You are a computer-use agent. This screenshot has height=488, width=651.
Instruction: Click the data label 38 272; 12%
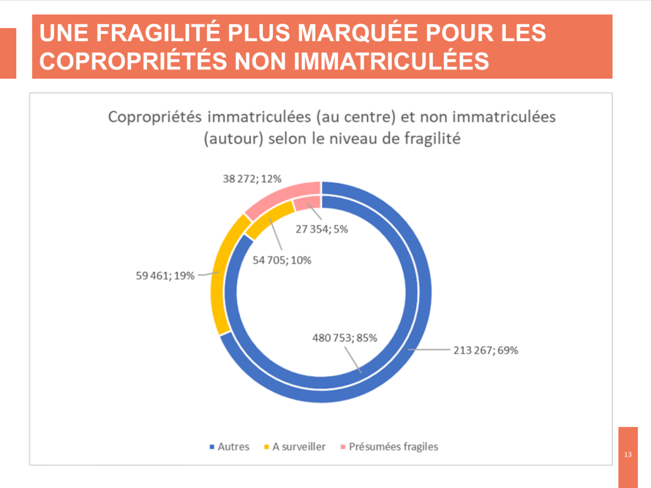coord(252,178)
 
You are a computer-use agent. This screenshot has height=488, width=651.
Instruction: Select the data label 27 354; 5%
coord(322,229)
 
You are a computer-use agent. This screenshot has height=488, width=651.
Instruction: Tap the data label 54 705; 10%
coord(282,260)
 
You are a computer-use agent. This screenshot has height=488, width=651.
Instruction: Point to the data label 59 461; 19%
coord(165,276)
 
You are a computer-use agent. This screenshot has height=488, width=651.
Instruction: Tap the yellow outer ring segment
coord(220,271)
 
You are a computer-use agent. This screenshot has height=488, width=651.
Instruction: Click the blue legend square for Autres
coord(212,447)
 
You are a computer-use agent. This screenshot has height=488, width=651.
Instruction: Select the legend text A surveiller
coord(299,447)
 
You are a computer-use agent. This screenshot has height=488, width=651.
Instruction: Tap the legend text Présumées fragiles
coord(393,447)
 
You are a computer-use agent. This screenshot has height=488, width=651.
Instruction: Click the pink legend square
coord(342,447)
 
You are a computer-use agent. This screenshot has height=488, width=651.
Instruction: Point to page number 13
coord(628,454)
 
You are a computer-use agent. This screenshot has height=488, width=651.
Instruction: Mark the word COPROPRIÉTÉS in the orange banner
coord(126,61)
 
